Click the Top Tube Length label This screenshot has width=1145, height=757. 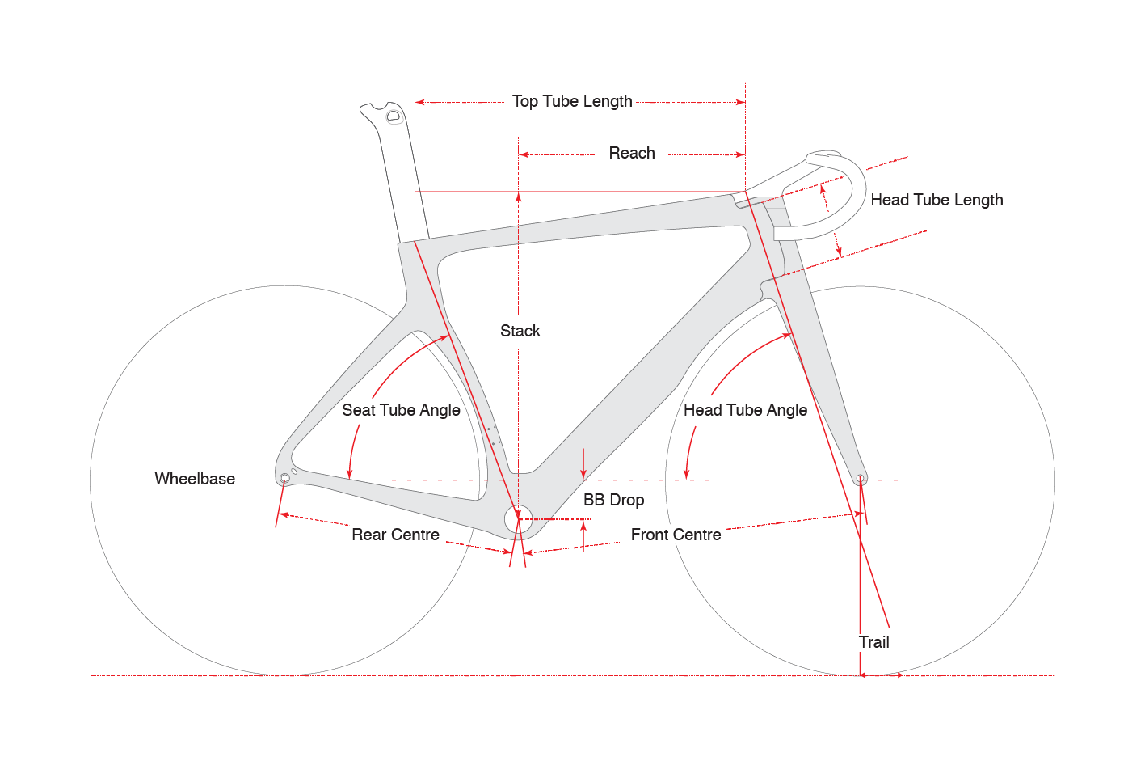572,102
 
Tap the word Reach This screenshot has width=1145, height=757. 632,154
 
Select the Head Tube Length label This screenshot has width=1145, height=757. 937,200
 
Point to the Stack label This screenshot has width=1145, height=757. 520,331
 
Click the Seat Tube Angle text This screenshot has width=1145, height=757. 401,410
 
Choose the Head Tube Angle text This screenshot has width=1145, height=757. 745,410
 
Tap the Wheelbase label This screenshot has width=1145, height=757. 195,479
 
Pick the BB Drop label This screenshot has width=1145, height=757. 613,500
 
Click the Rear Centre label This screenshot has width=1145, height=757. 395,535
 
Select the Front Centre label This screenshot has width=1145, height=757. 676,535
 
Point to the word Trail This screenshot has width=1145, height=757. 874,642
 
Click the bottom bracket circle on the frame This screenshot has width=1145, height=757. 518,519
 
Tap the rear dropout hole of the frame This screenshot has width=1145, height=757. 284,479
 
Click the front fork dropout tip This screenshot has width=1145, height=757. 861,480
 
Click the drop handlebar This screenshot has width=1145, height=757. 840,194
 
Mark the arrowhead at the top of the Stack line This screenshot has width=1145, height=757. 519,197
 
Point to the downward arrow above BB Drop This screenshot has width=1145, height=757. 583,473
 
